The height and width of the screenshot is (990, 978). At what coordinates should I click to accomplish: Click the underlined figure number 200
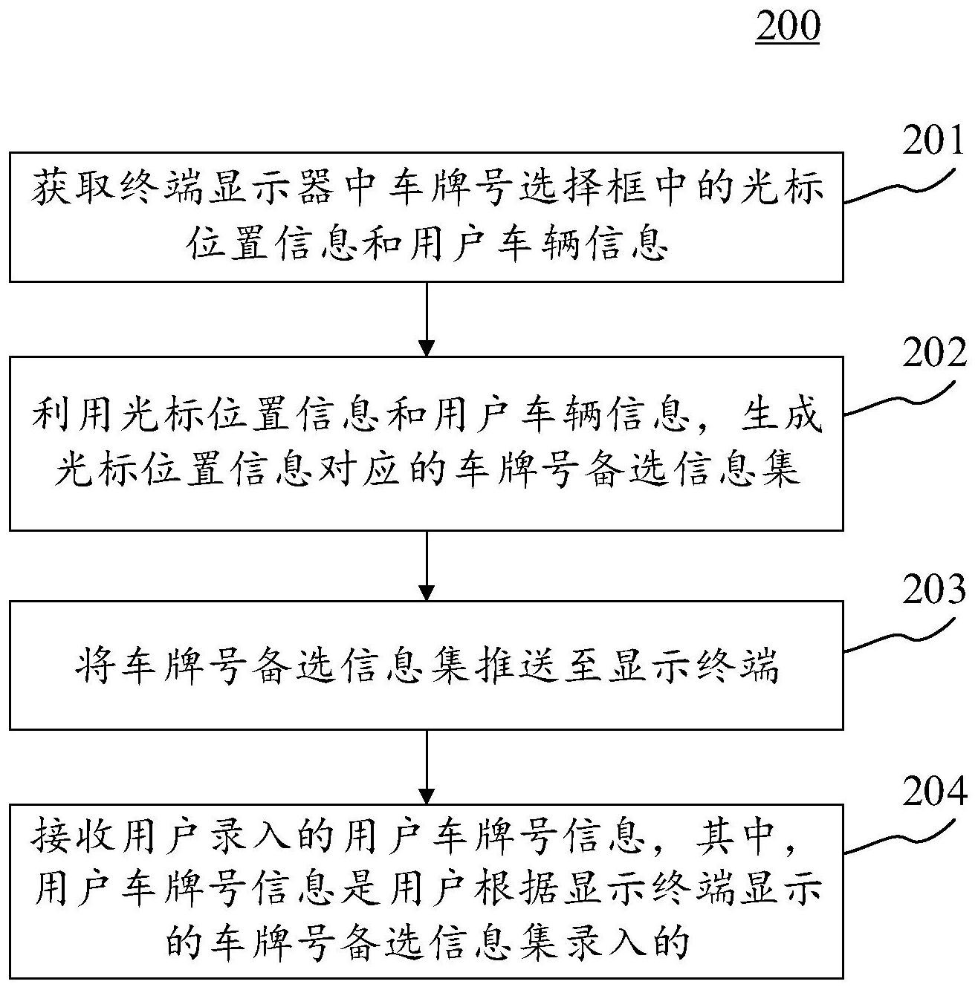(787, 27)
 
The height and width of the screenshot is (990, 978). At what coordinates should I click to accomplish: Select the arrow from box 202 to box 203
(427, 564)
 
